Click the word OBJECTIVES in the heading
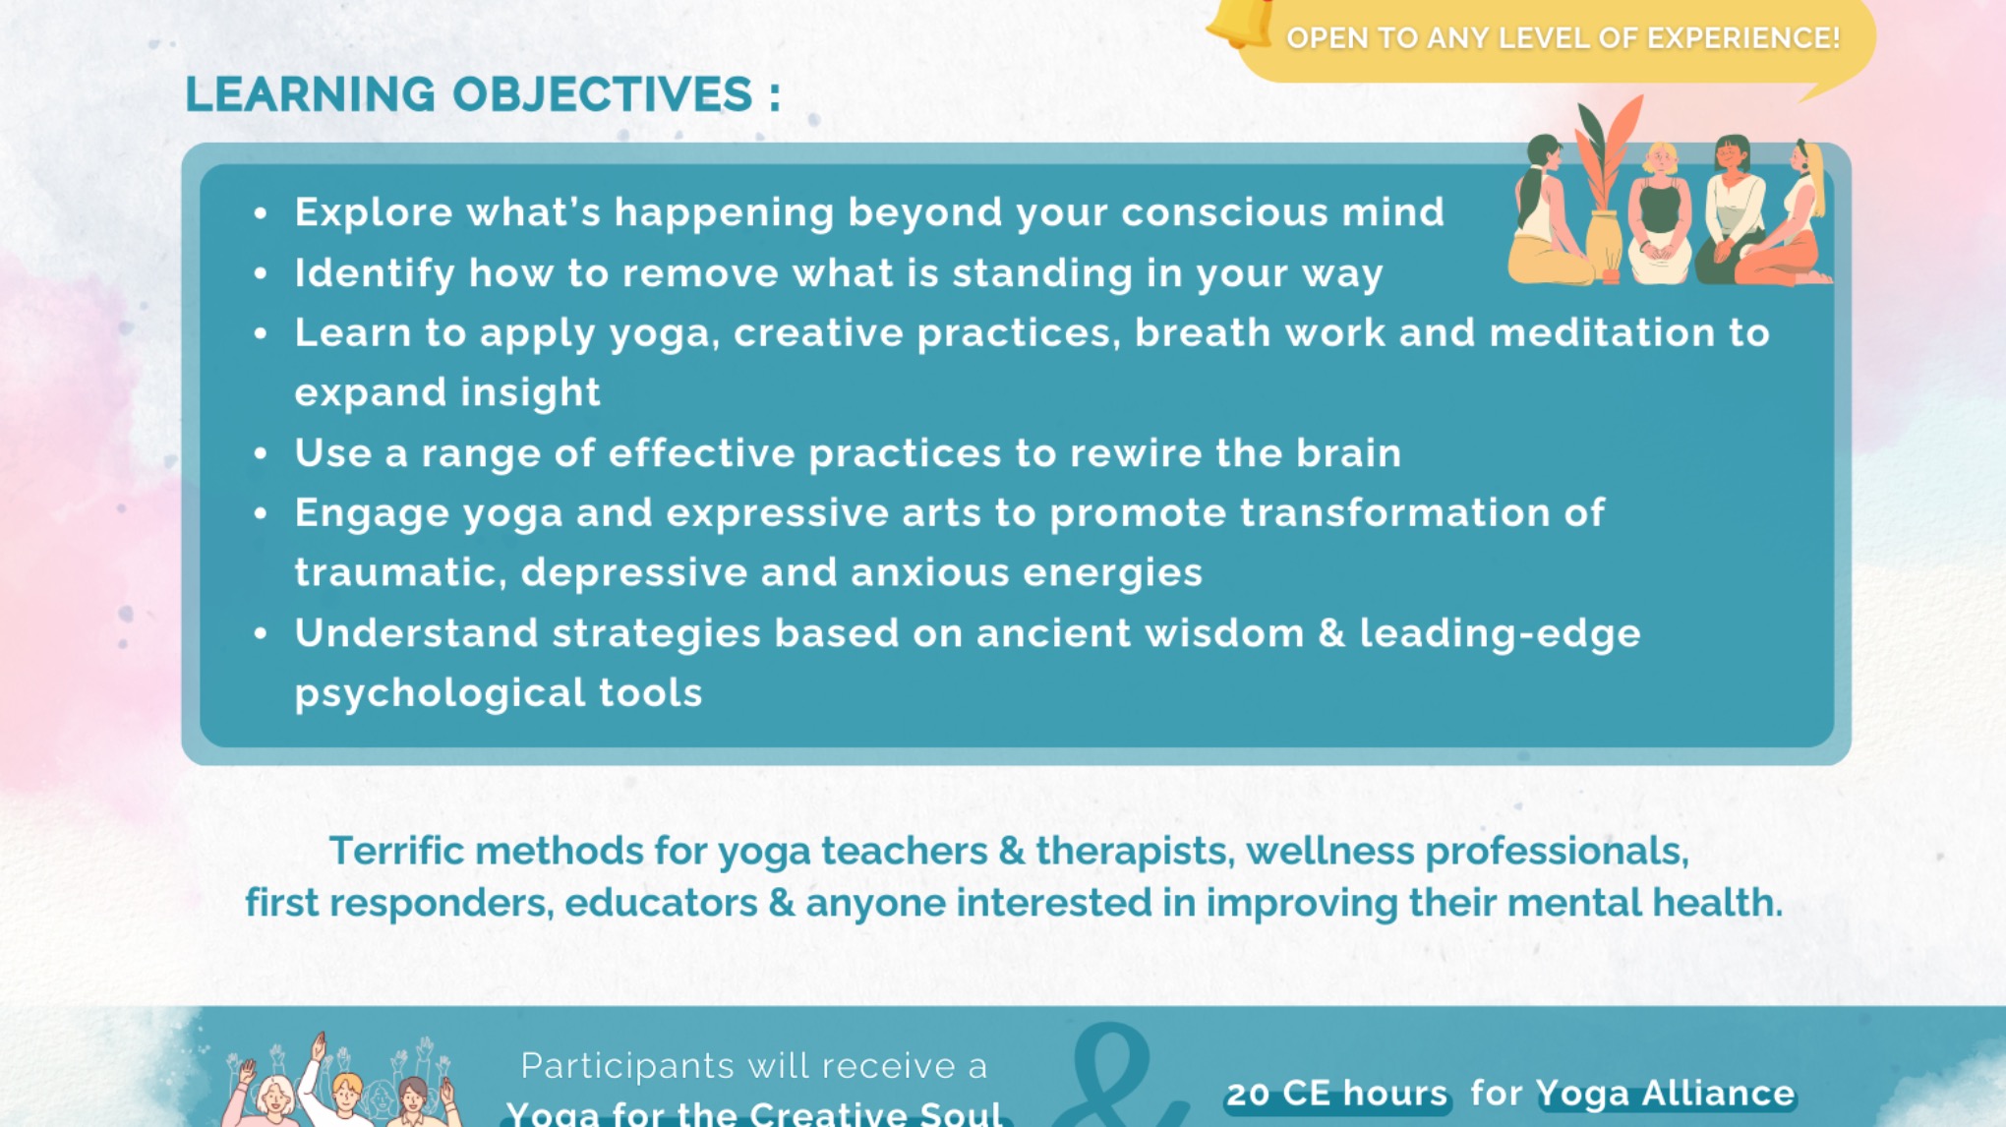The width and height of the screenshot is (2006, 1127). (602, 95)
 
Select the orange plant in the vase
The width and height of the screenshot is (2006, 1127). (1609, 157)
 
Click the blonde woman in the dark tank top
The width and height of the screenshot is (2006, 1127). (1661, 211)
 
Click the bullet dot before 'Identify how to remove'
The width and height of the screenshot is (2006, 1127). (261, 273)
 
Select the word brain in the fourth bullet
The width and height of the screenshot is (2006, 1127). (1347, 453)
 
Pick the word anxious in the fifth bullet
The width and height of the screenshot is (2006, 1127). (929, 573)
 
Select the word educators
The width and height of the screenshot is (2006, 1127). (661, 904)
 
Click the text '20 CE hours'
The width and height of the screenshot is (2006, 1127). (1336, 1094)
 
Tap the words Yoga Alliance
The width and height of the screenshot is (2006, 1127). (1665, 1094)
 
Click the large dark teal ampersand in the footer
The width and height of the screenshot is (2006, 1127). (1116, 1077)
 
